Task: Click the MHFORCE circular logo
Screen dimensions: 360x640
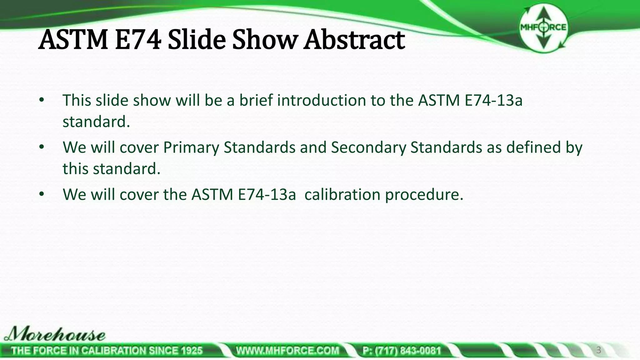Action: (x=543, y=28)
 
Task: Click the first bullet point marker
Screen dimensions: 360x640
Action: (x=42, y=100)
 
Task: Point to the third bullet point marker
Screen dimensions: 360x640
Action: (x=42, y=194)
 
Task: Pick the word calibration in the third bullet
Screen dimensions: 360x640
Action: (x=342, y=194)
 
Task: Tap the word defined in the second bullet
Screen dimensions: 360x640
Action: (x=533, y=147)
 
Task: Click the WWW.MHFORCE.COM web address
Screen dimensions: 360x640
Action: (x=287, y=351)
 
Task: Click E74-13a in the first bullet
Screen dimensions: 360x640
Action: (x=493, y=100)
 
